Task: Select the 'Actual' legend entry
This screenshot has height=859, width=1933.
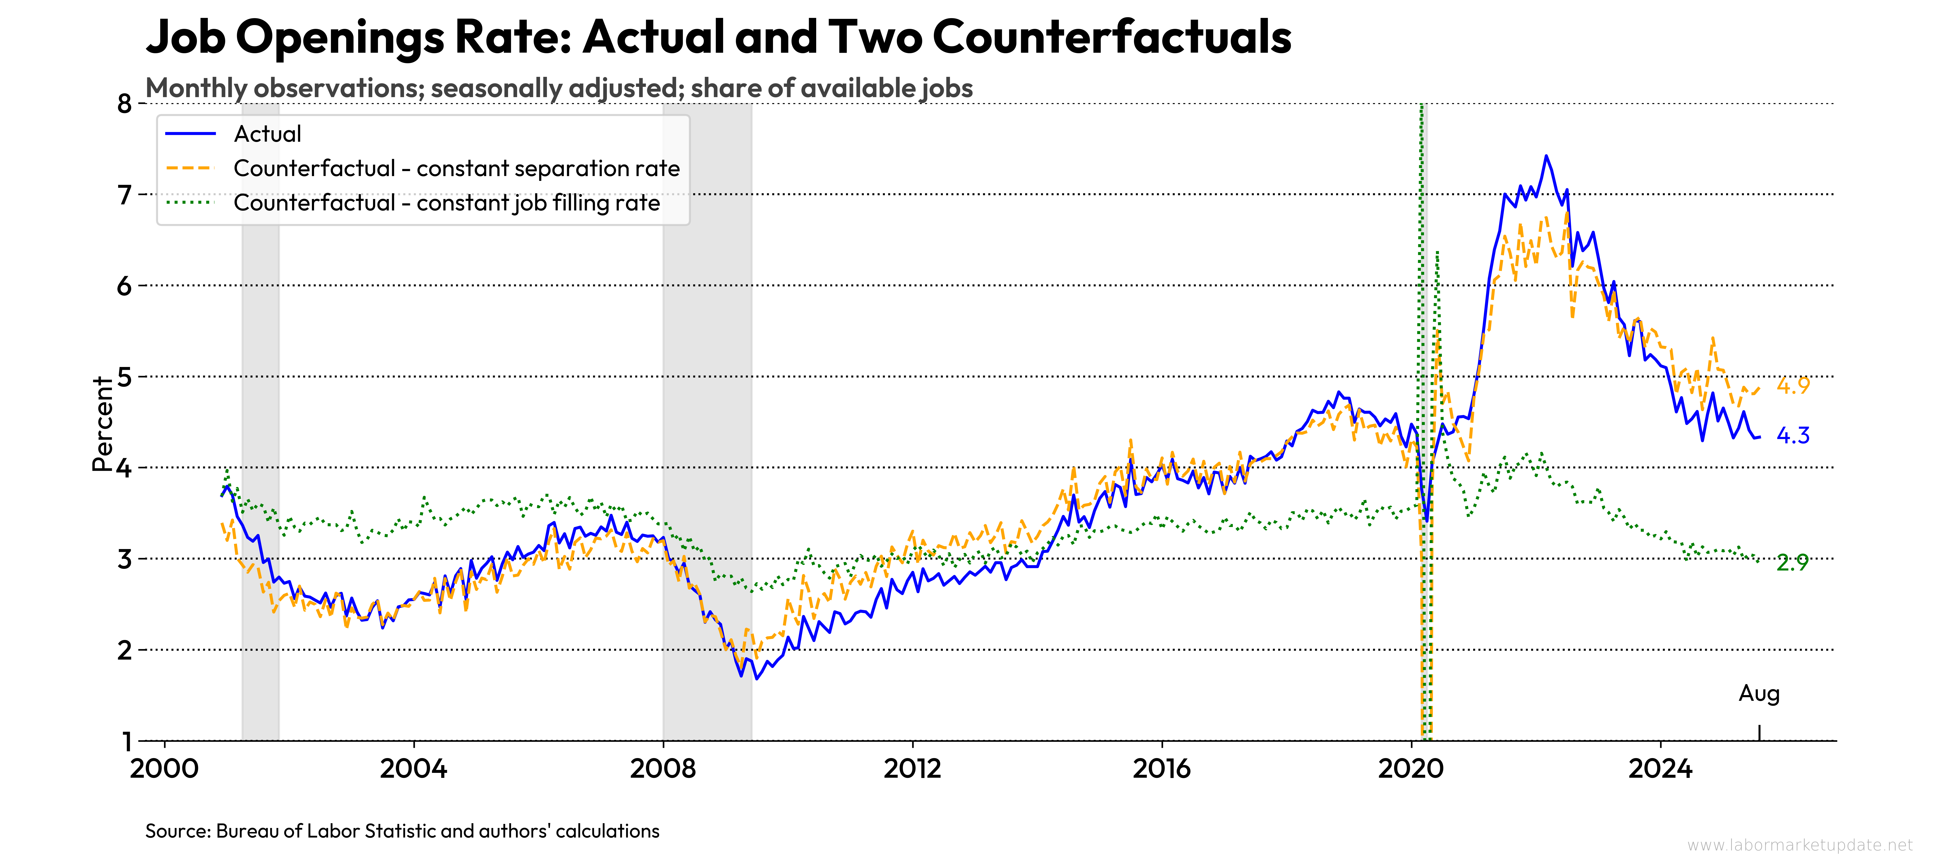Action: click(267, 134)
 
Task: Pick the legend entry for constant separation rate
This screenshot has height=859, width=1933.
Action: click(456, 168)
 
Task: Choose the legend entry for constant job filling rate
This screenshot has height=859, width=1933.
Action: click(446, 203)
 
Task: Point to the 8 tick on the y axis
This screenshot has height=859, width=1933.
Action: click(125, 104)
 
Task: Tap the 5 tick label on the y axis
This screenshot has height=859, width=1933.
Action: click(125, 377)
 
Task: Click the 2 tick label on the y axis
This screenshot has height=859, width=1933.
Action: click(125, 650)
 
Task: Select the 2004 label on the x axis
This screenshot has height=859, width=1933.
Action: click(414, 768)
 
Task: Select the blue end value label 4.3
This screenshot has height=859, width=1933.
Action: click(1793, 435)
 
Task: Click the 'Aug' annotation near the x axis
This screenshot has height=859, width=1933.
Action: click(1759, 693)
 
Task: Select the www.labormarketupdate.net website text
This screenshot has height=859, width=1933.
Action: click(1799, 845)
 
